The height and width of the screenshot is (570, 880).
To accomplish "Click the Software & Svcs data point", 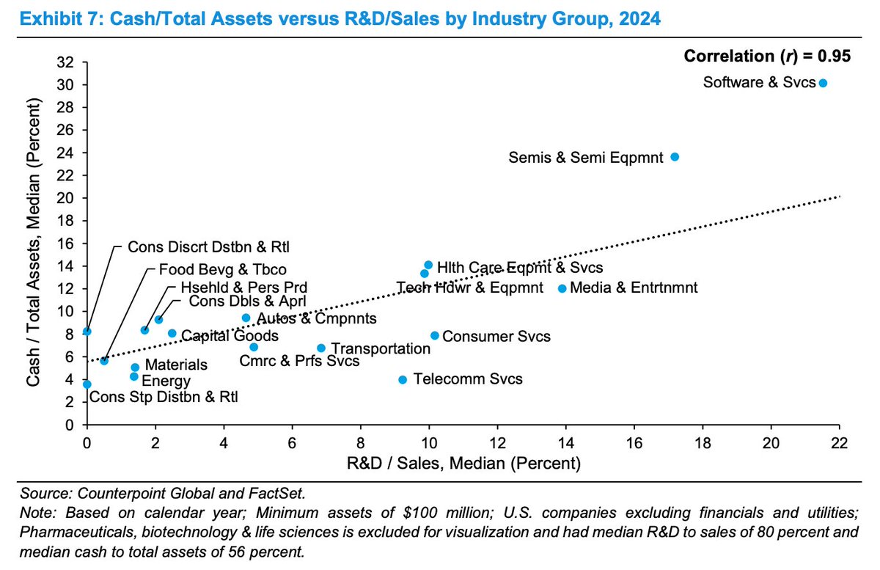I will (823, 84).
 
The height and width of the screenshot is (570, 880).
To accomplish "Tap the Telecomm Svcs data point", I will (402, 379).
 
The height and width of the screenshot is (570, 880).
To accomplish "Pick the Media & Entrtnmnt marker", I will (562, 288).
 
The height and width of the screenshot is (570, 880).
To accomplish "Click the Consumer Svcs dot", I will (434, 335).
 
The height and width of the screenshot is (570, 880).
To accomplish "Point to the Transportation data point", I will (320, 348).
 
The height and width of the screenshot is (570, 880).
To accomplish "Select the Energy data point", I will (133, 376).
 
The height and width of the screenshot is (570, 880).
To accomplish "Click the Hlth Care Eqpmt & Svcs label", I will (520, 269).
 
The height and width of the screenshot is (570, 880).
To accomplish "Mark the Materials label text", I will (175, 365).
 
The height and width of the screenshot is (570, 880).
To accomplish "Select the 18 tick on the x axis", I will (702, 443).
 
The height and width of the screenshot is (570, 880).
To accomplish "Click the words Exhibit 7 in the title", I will (48, 19).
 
